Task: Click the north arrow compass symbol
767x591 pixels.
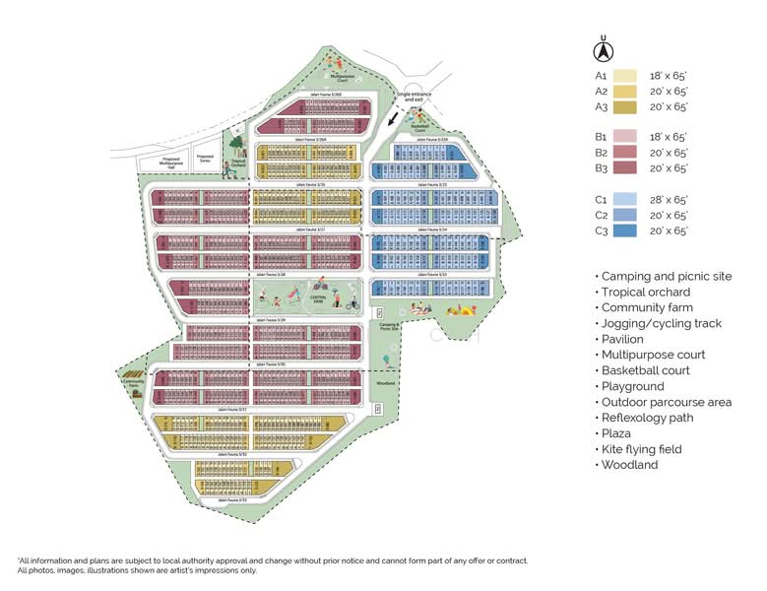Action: point(606,49)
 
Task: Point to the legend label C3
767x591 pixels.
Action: point(600,230)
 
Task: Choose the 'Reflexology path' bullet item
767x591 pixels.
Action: point(647,418)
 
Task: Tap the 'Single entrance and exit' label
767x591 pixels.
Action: point(415,98)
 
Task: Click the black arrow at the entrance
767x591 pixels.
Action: point(396,117)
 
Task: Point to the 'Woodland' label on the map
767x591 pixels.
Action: point(386,382)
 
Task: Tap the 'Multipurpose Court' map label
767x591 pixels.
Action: point(342,77)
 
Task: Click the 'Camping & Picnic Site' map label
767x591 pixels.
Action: point(387,327)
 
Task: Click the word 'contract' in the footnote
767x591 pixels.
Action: point(510,560)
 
